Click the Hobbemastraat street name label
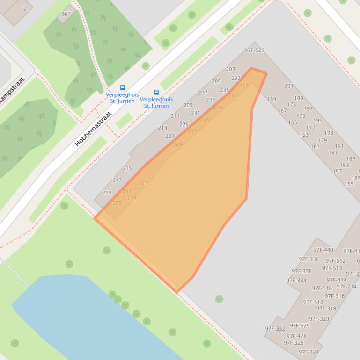click(93, 129)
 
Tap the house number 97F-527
click(254, 50)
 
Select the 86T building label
click(66, 14)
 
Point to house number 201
click(289, 86)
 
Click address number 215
click(127, 168)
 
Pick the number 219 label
click(107, 193)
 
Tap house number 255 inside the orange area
click(117, 203)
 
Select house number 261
click(142, 183)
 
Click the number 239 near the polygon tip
click(243, 85)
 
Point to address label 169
click(272, 99)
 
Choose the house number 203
click(230, 70)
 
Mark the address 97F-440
click(323, 250)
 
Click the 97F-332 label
click(275, 329)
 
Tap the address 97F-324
click(309, 352)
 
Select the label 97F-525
click(300, 325)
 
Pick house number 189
click(350, 159)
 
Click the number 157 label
click(337, 172)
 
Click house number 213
click(162, 128)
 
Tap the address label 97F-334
click(296, 281)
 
